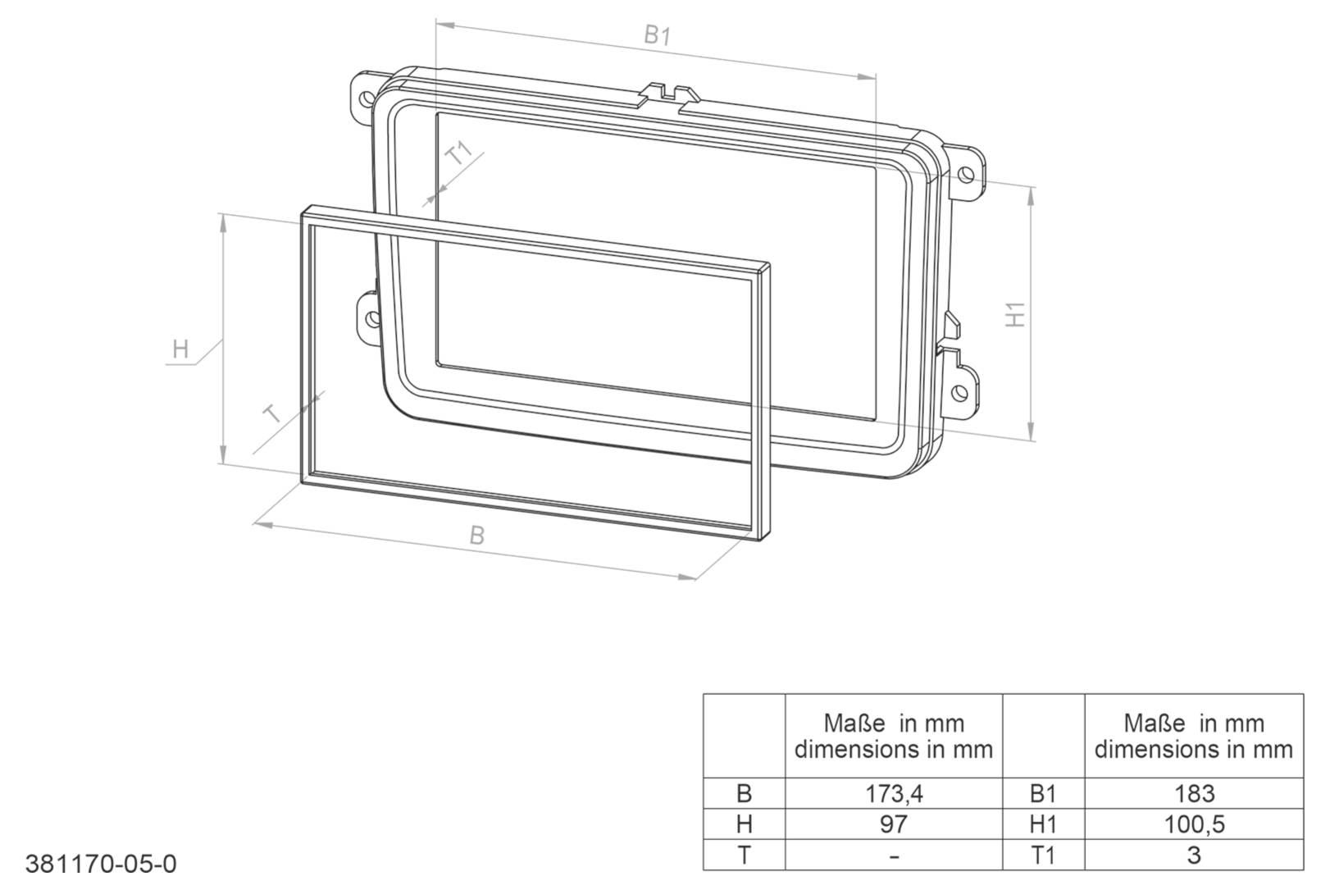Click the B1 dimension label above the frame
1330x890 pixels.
657,35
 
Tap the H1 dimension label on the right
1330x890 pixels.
1015,314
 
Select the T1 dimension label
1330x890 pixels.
460,153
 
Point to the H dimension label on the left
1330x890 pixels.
180,349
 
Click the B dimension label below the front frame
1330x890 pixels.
476,536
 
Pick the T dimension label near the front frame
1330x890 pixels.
273,413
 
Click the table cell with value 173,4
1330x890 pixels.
893,793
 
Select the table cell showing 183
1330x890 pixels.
1193,793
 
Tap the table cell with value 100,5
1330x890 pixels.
1193,824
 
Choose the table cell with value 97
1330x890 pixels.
893,824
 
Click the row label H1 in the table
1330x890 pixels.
1042,824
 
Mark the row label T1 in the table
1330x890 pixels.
1042,855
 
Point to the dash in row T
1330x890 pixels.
893,856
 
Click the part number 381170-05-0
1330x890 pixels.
101,864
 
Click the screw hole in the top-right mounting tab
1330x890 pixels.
966,174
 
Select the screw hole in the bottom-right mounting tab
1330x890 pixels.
959,390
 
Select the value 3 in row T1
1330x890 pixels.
1193,855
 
